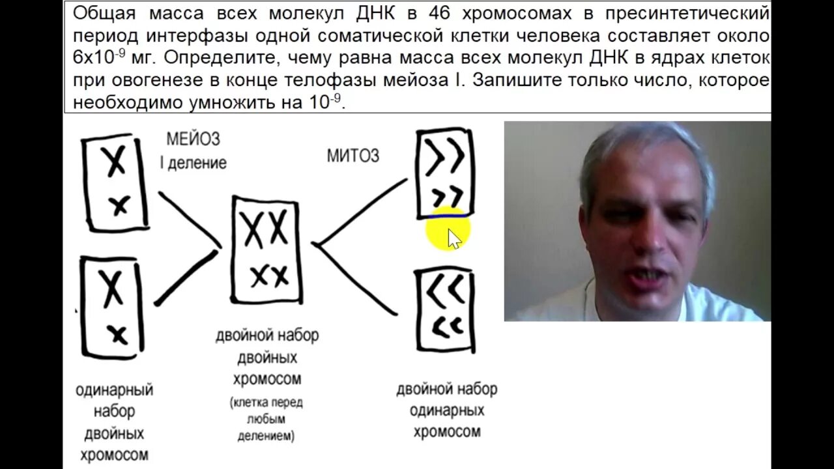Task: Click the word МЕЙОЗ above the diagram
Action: (194, 139)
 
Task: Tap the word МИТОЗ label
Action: (352, 155)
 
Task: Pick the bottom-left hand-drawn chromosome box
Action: (113, 307)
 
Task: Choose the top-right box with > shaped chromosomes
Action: (446, 174)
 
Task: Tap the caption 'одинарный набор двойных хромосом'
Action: (114, 422)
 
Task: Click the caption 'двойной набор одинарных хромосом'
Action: (447, 410)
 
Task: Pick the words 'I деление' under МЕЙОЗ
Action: (194, 163)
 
